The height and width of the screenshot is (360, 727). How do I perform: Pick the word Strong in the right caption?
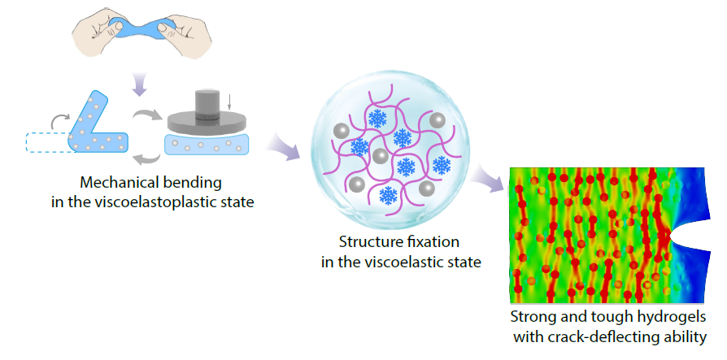point(532,316)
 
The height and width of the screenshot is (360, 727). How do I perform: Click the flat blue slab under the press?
point(207,144)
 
